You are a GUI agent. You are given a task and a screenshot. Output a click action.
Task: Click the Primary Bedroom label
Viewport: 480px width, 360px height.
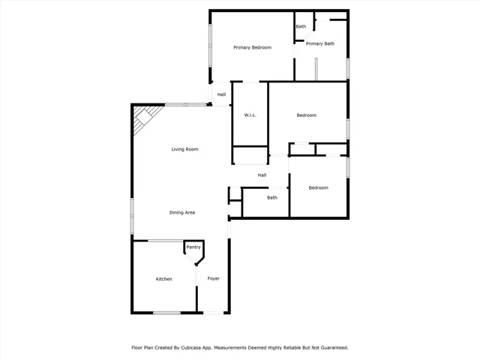252,47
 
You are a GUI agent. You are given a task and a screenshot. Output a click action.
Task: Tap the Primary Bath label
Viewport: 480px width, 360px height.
320,43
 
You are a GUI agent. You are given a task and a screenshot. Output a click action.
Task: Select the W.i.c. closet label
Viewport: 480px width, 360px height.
250,115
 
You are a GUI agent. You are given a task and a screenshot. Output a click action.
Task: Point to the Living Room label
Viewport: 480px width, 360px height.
184,149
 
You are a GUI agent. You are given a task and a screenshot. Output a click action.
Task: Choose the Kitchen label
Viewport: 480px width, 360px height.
163,279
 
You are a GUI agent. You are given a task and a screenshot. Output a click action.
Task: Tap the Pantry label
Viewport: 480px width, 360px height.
193,247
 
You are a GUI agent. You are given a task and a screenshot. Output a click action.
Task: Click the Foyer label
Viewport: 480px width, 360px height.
214,279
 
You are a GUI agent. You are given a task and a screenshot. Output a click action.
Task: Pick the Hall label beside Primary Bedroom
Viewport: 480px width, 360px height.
221,94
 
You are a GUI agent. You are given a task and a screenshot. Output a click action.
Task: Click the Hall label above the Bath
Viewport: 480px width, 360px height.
262,175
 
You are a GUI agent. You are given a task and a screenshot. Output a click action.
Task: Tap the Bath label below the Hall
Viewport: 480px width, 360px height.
272,198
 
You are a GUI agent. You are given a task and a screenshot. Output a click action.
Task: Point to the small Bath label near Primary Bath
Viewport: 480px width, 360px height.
301,27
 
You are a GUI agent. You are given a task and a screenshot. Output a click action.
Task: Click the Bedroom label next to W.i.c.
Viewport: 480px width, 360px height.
306,115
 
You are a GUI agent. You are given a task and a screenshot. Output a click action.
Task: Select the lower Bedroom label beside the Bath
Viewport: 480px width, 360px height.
319,187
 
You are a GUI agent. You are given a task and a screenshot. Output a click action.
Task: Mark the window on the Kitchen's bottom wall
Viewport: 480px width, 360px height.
166,313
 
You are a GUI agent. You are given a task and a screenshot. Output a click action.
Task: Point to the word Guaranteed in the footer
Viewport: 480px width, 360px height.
331,348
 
